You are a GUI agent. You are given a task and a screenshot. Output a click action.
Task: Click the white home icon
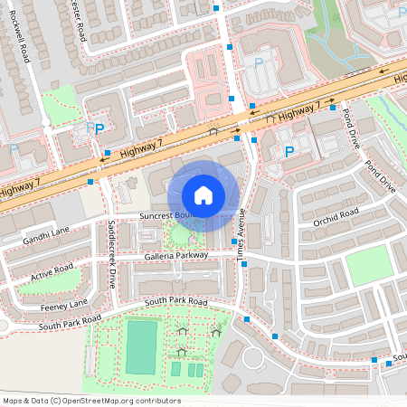(x=203, y=194)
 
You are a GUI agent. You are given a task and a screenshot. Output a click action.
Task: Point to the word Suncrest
(x=159, y=217)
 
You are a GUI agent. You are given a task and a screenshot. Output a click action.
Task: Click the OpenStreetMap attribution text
(x=90, y=401)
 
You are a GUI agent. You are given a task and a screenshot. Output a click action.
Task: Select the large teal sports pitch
(x=140, y=346)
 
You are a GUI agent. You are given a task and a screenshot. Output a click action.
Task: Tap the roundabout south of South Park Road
(x=252, y=359)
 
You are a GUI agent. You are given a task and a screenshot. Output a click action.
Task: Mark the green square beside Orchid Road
(x=369, y=263)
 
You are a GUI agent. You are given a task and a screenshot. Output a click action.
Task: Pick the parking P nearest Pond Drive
(x=289, y=152)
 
